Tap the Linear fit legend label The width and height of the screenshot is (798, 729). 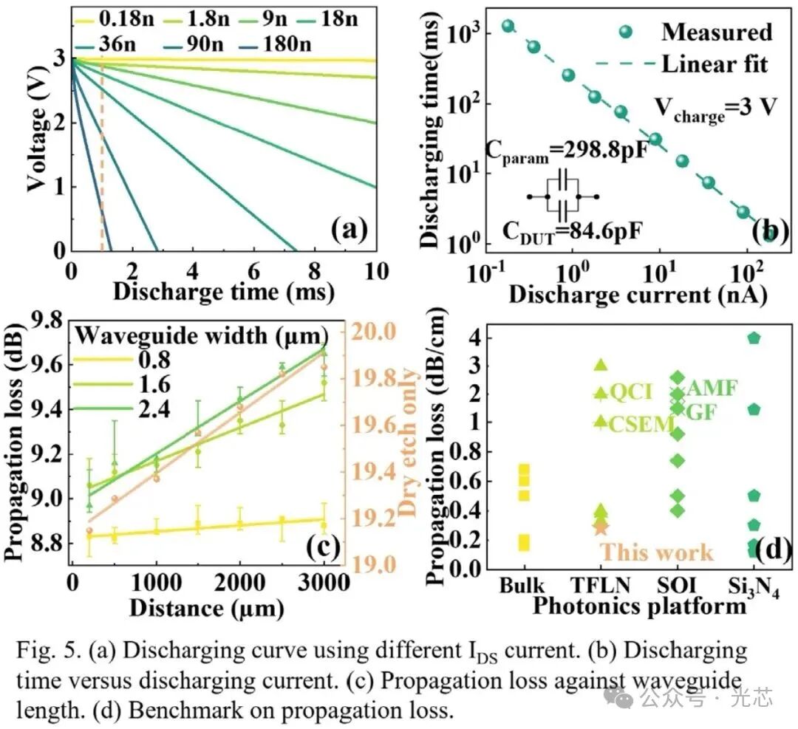(714, 64)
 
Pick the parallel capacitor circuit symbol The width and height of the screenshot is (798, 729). (563, 196)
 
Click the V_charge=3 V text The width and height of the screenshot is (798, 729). (715, 108)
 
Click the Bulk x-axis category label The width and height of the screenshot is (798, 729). (522, 586)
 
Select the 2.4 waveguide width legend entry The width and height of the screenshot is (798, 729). (154, 407)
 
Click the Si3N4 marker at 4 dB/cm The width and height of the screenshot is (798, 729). (754, 338)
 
